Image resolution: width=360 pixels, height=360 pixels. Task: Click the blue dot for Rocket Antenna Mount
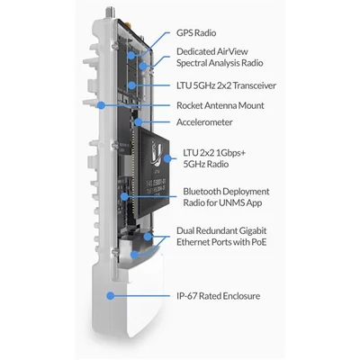point(103,105)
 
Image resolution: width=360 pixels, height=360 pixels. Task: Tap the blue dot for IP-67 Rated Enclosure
point(109,293)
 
